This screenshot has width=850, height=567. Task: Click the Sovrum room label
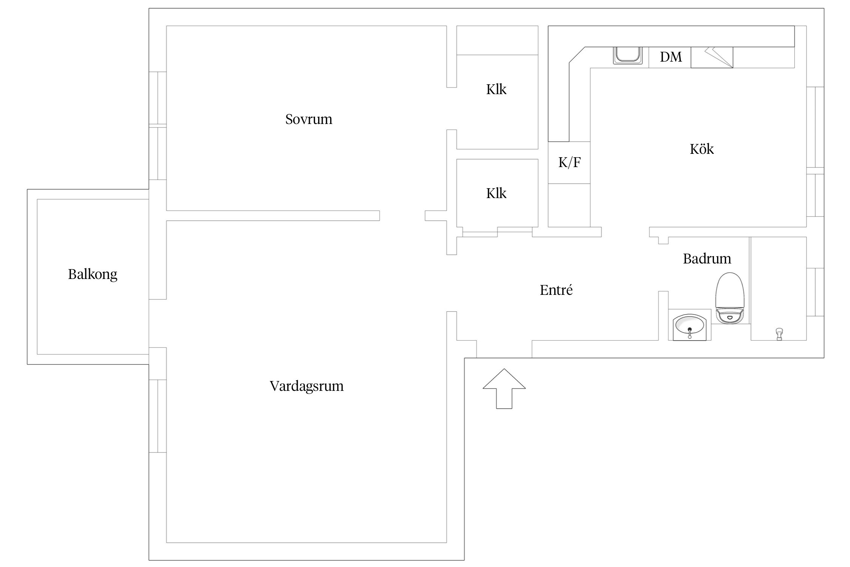coord(309,119)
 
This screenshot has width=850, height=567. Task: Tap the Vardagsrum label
coord(306,386)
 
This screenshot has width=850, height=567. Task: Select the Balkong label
coord(93,274)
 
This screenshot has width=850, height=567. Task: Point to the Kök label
coord(702,149)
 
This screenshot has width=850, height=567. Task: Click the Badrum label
coord(707,259)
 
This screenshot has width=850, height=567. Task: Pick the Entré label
coord(556,290)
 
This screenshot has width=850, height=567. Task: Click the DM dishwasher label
coord(671,57)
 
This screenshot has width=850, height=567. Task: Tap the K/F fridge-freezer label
coord(569,163)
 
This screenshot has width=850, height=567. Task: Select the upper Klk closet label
coord(496,90)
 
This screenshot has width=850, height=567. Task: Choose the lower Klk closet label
coord(496,194)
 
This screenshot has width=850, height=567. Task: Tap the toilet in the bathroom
coord(730,299)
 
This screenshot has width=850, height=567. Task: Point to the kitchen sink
coord(627,56)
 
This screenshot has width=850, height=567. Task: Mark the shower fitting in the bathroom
coord(779,334)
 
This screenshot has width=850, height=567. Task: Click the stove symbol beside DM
coord(712,57)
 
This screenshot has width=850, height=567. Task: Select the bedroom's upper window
coord(158,98)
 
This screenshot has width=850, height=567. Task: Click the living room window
coord(158,416)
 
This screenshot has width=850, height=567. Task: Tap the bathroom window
coord(815,292)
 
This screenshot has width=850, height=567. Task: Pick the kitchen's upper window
coord(815,127)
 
